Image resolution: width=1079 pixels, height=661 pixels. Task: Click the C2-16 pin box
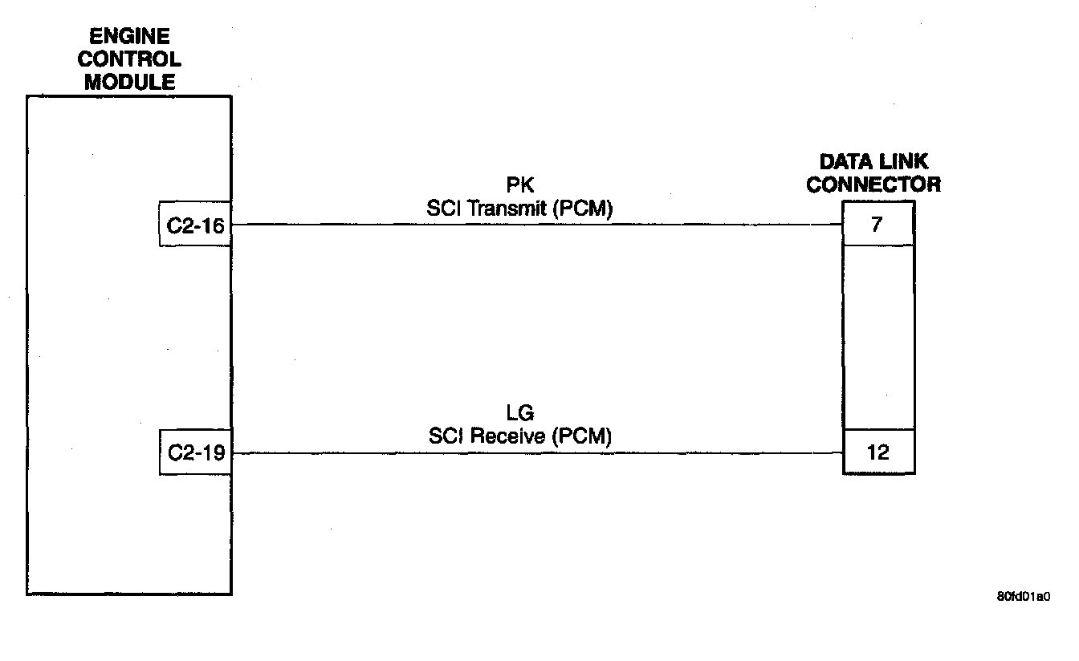pos(195,225)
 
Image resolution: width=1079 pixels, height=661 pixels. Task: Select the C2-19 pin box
pos(195,453)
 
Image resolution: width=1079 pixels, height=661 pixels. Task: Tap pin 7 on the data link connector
pos(877,225)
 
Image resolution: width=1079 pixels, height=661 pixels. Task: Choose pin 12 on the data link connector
pos(878,452)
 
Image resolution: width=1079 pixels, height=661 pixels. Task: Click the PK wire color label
pos(520,186)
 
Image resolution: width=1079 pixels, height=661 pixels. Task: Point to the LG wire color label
pos(520,414)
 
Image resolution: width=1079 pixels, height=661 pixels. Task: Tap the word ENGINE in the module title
pos(129,37)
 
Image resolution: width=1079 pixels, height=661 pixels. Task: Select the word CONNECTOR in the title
pos(873,185)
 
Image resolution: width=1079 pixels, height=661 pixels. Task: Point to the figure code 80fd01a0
pos(1023,597)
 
